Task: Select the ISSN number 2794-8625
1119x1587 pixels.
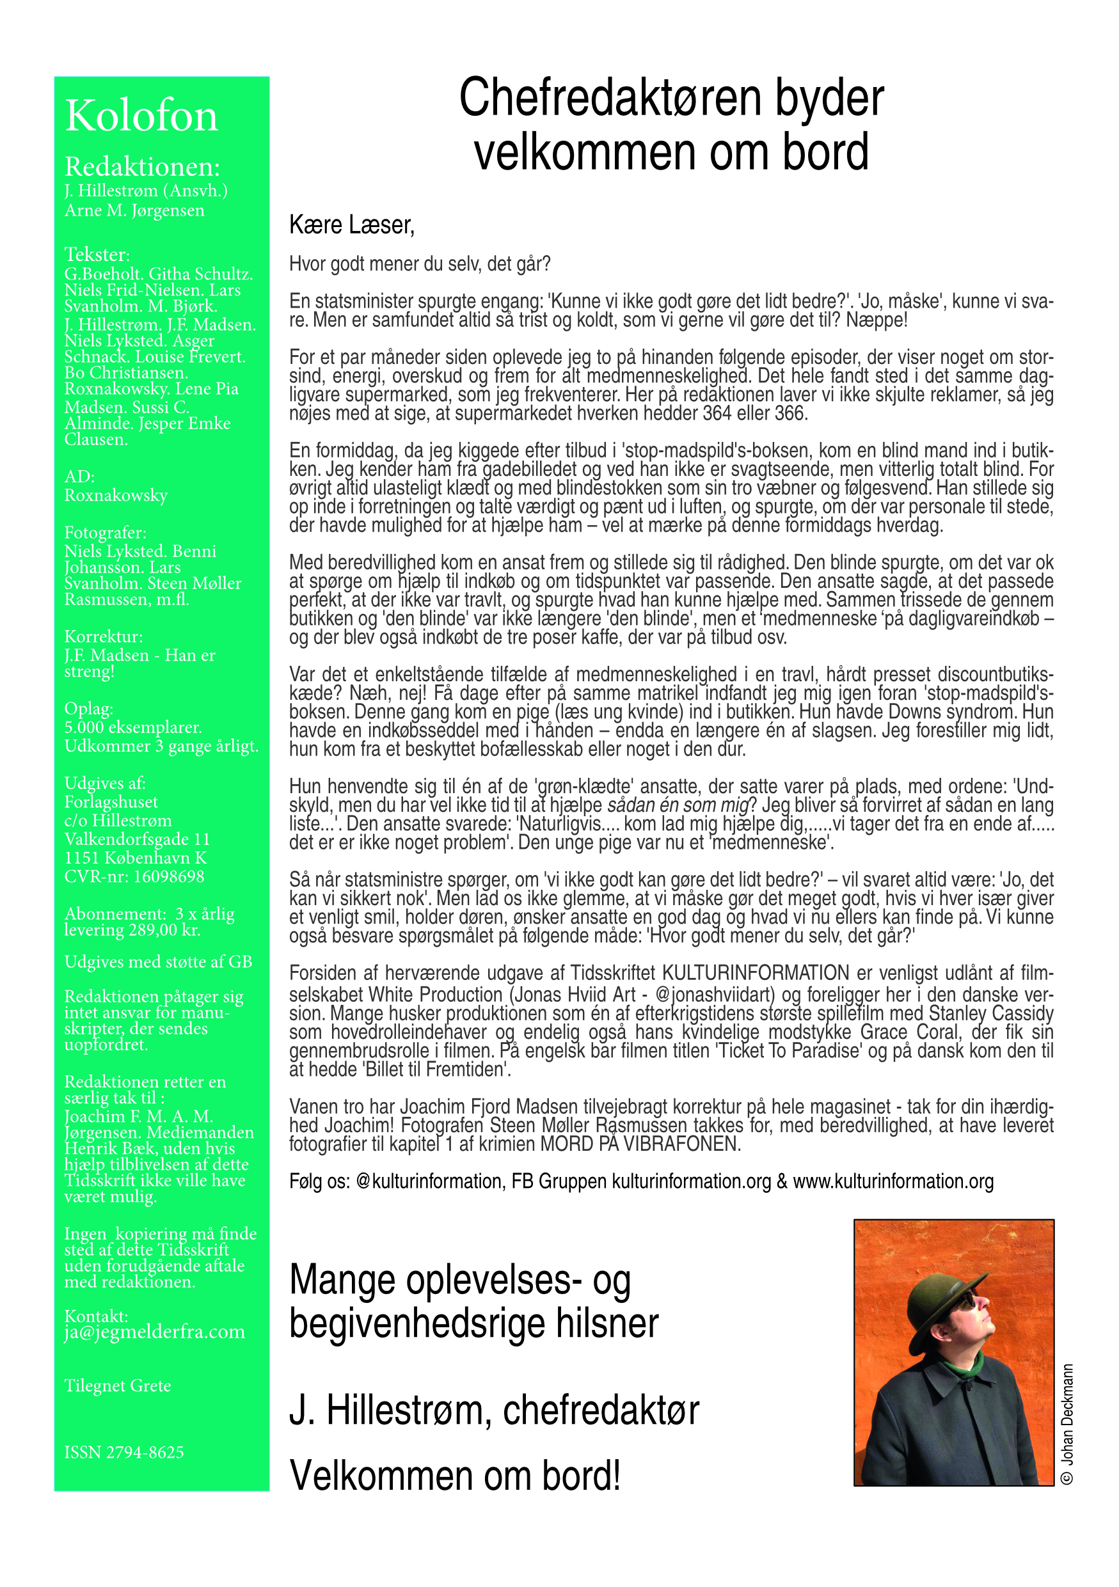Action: tap(124, 1451)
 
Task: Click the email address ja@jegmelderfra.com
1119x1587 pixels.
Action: tap(154, 1331)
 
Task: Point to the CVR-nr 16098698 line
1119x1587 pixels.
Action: tap(134, 876)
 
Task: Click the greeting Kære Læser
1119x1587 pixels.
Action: tap(351, 225)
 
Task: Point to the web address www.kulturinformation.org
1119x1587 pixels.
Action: tap(893, 1181)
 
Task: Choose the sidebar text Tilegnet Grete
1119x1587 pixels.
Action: tap(118, 1386)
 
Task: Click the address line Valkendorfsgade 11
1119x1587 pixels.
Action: tap(137, 839)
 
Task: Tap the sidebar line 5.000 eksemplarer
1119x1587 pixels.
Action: tap(132, 727)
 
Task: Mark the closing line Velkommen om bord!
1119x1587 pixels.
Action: tap(455, 1476)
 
